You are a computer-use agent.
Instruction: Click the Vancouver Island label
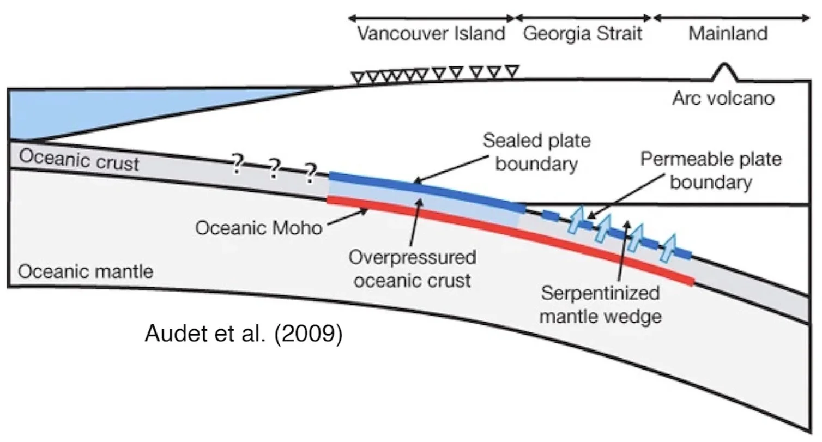pyautogui.click(x=431, y=34)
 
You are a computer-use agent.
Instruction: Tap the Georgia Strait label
pyautogui.click(x=583, y=34)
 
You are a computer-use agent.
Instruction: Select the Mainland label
pyautogui.click(x=728, y=34)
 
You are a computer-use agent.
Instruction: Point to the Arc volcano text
pyautogui.click(x=723, y=98)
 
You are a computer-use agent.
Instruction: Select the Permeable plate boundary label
pyautogui.click(x=711, y=171)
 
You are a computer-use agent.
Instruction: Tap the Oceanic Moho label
pyautogui.click(x=259, y=227)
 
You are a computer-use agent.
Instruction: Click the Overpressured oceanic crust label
pyautogui.click(x=412, y=269)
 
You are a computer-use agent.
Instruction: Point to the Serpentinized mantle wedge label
pyautogui.click(x=600, y=305)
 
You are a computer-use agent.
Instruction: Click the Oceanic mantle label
pyautogui.click(x=86, y=271)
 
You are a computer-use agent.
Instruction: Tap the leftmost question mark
pyautogui.click(x=237, y=164)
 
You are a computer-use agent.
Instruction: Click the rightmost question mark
pyautogui.click(x=310, y=173)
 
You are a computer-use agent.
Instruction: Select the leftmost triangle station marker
pyautogui.click(x=358, y=77)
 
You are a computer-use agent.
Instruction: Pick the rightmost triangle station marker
pyautogui.click(x=511, y=71)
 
